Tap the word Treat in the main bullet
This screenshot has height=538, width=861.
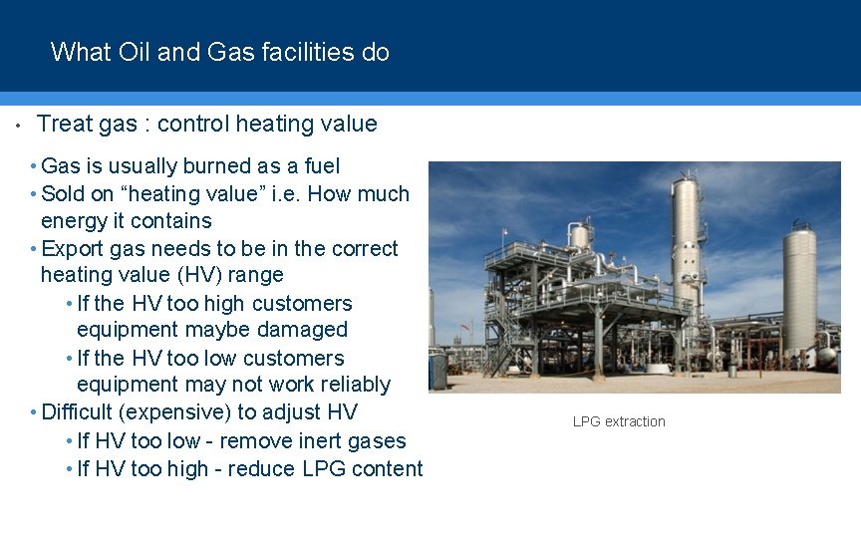click(x=64, y=125)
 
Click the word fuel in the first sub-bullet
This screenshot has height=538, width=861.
click(x=318, y=166)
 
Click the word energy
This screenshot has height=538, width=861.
click(x=73, y=221)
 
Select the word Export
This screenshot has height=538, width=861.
click(x=72, y=249)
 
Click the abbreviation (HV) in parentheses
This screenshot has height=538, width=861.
click(x=203, y=275)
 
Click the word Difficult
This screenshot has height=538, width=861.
click(x=85, y=412)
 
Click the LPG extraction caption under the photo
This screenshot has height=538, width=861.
click(x=619, y=421)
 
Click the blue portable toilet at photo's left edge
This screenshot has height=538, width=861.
click(x=437, y=372)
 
